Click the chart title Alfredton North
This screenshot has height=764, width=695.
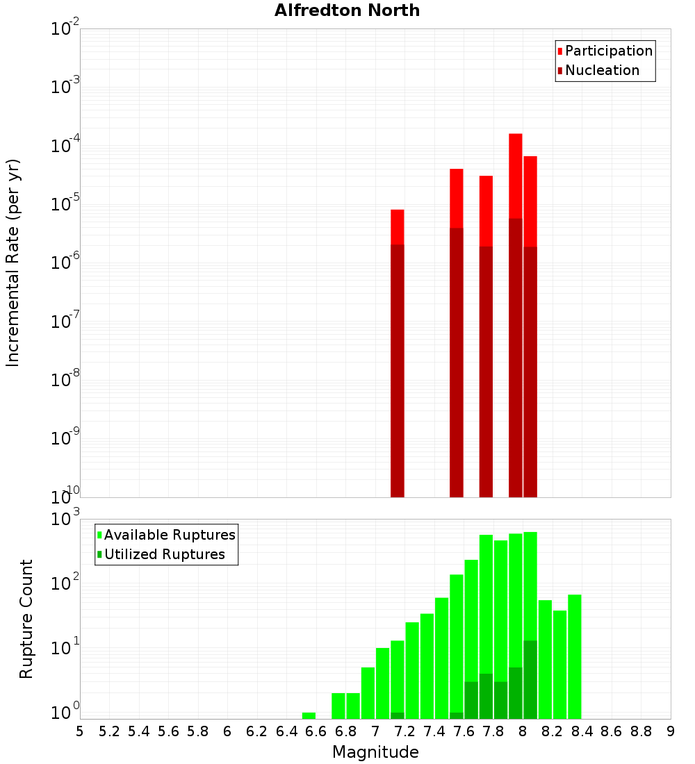point(347,10)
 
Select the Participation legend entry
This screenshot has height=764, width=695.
point(608,51)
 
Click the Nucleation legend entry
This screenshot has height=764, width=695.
point(601,70)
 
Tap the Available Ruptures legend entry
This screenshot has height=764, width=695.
point(169,535)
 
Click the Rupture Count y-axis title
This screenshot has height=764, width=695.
point(26,619)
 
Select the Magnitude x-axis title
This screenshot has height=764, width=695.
point(375,752)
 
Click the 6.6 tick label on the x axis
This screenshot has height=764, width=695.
point(316,731)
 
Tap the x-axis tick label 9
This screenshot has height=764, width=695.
point(671,731)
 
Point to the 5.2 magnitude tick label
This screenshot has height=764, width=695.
point(110,731)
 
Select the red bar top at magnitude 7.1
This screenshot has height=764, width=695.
point(398,226)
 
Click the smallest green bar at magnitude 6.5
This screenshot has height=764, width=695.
point(309,715)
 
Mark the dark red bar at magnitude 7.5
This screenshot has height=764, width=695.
point(457,361)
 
